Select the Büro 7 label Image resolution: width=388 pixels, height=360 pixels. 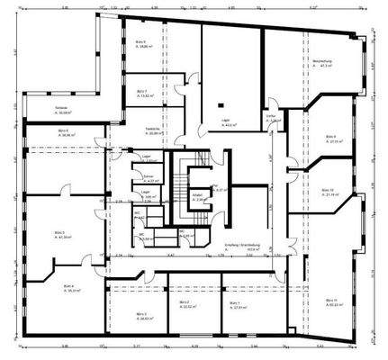coord(141,91)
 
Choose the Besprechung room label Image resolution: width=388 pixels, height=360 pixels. coord(323,61)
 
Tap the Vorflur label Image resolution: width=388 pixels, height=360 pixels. coord(270,114)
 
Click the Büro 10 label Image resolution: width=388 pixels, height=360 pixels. coord(327,191)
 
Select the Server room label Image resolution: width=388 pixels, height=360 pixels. coord(149,178)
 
